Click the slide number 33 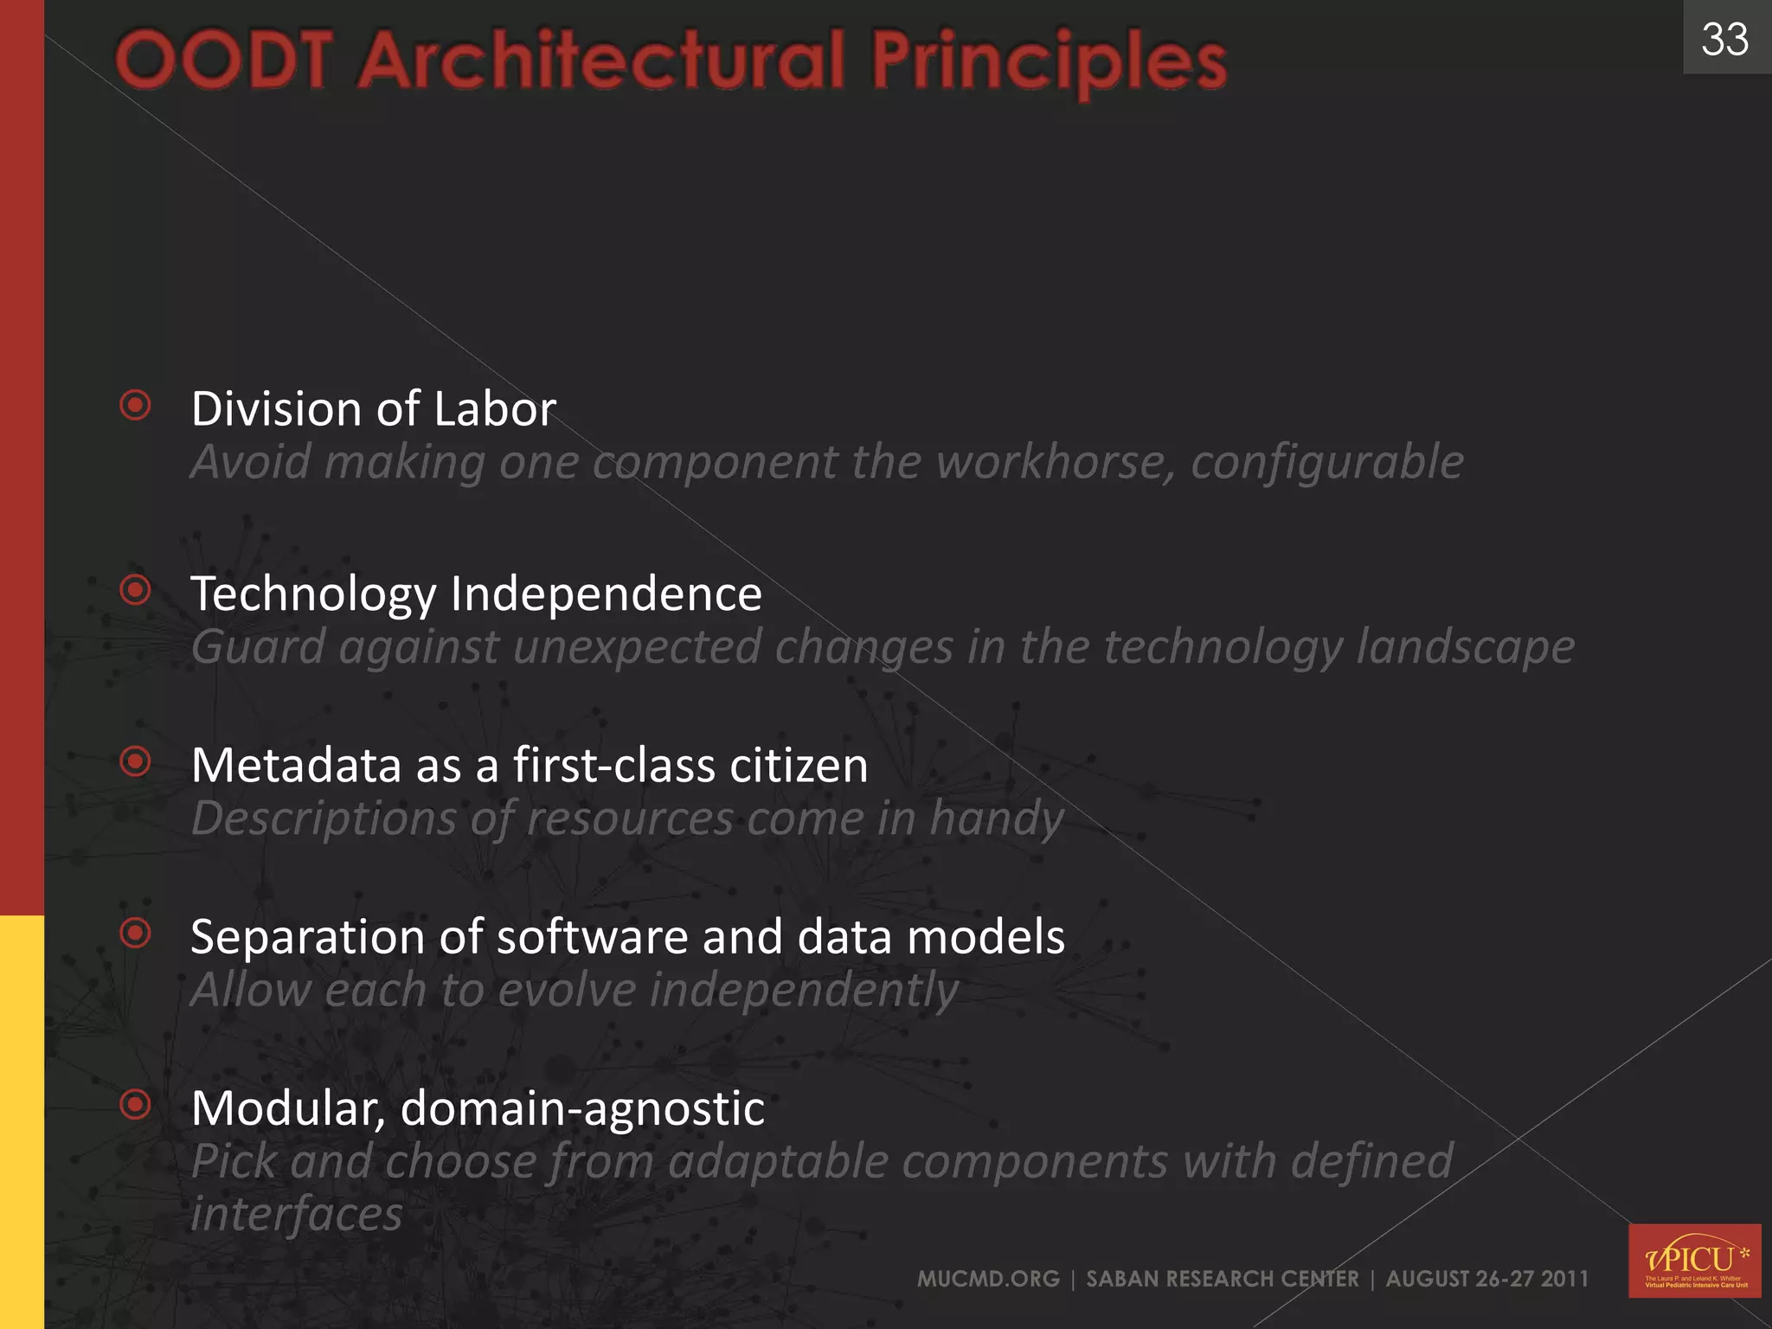click(x=1724, y=40)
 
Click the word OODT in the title click(x=224, y=61)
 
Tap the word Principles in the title click(x=1048, y=62)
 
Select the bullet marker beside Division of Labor click(x=136, y=405)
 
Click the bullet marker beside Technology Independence click(x=136, y=590)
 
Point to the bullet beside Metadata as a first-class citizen click(x=136, y=761)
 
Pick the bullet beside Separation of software click(x=136, y=933)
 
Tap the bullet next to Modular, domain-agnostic click(x=136, y=1104)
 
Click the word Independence click(x=606, y=594)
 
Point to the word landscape click(x=1465, y=647)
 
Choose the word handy click(x=996, y=819)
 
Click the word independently click(x=803, y=990)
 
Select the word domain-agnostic click(x=582, y=1108)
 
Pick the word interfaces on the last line click(x=296, y=1214)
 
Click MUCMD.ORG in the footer click(x=988, y=1279)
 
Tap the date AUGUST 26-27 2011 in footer click(x=1486, y=1279)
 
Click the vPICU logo click(x=1694, y=1261)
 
